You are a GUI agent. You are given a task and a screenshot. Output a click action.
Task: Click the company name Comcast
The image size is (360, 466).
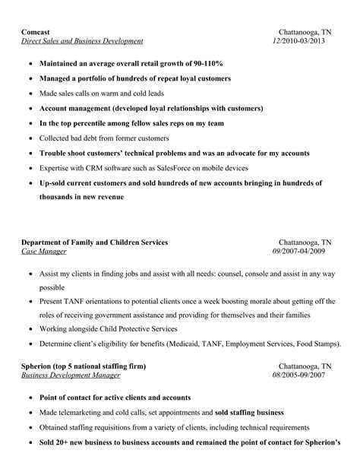(36, 32)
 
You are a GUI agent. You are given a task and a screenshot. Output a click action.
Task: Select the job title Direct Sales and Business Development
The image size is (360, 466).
(82, 41)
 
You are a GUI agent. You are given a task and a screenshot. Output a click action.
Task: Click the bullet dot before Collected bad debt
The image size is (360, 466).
(30, 138)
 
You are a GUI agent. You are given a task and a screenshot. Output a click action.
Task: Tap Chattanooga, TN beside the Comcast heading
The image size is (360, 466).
(305, 32)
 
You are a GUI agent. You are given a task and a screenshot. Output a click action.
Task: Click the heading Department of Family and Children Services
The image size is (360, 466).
(95, 242)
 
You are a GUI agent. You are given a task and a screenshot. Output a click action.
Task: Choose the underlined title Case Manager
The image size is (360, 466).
(43, 251)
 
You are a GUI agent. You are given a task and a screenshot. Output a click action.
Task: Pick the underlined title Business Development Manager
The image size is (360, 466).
(71, 375)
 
